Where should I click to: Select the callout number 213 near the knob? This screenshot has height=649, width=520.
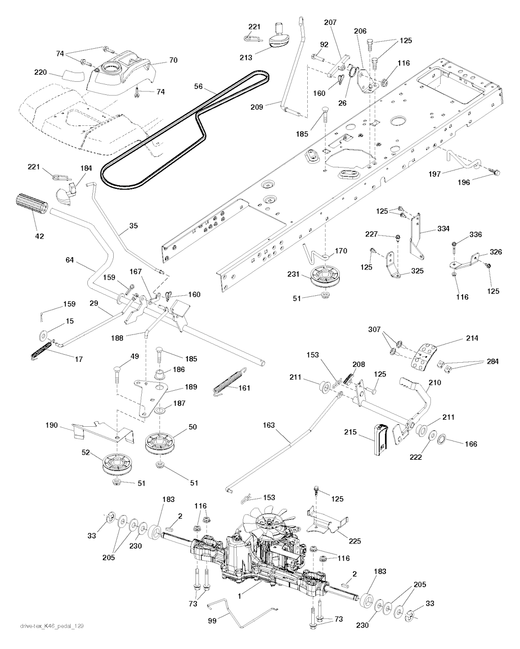[246, 57]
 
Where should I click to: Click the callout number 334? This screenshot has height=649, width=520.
[443, 229]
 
